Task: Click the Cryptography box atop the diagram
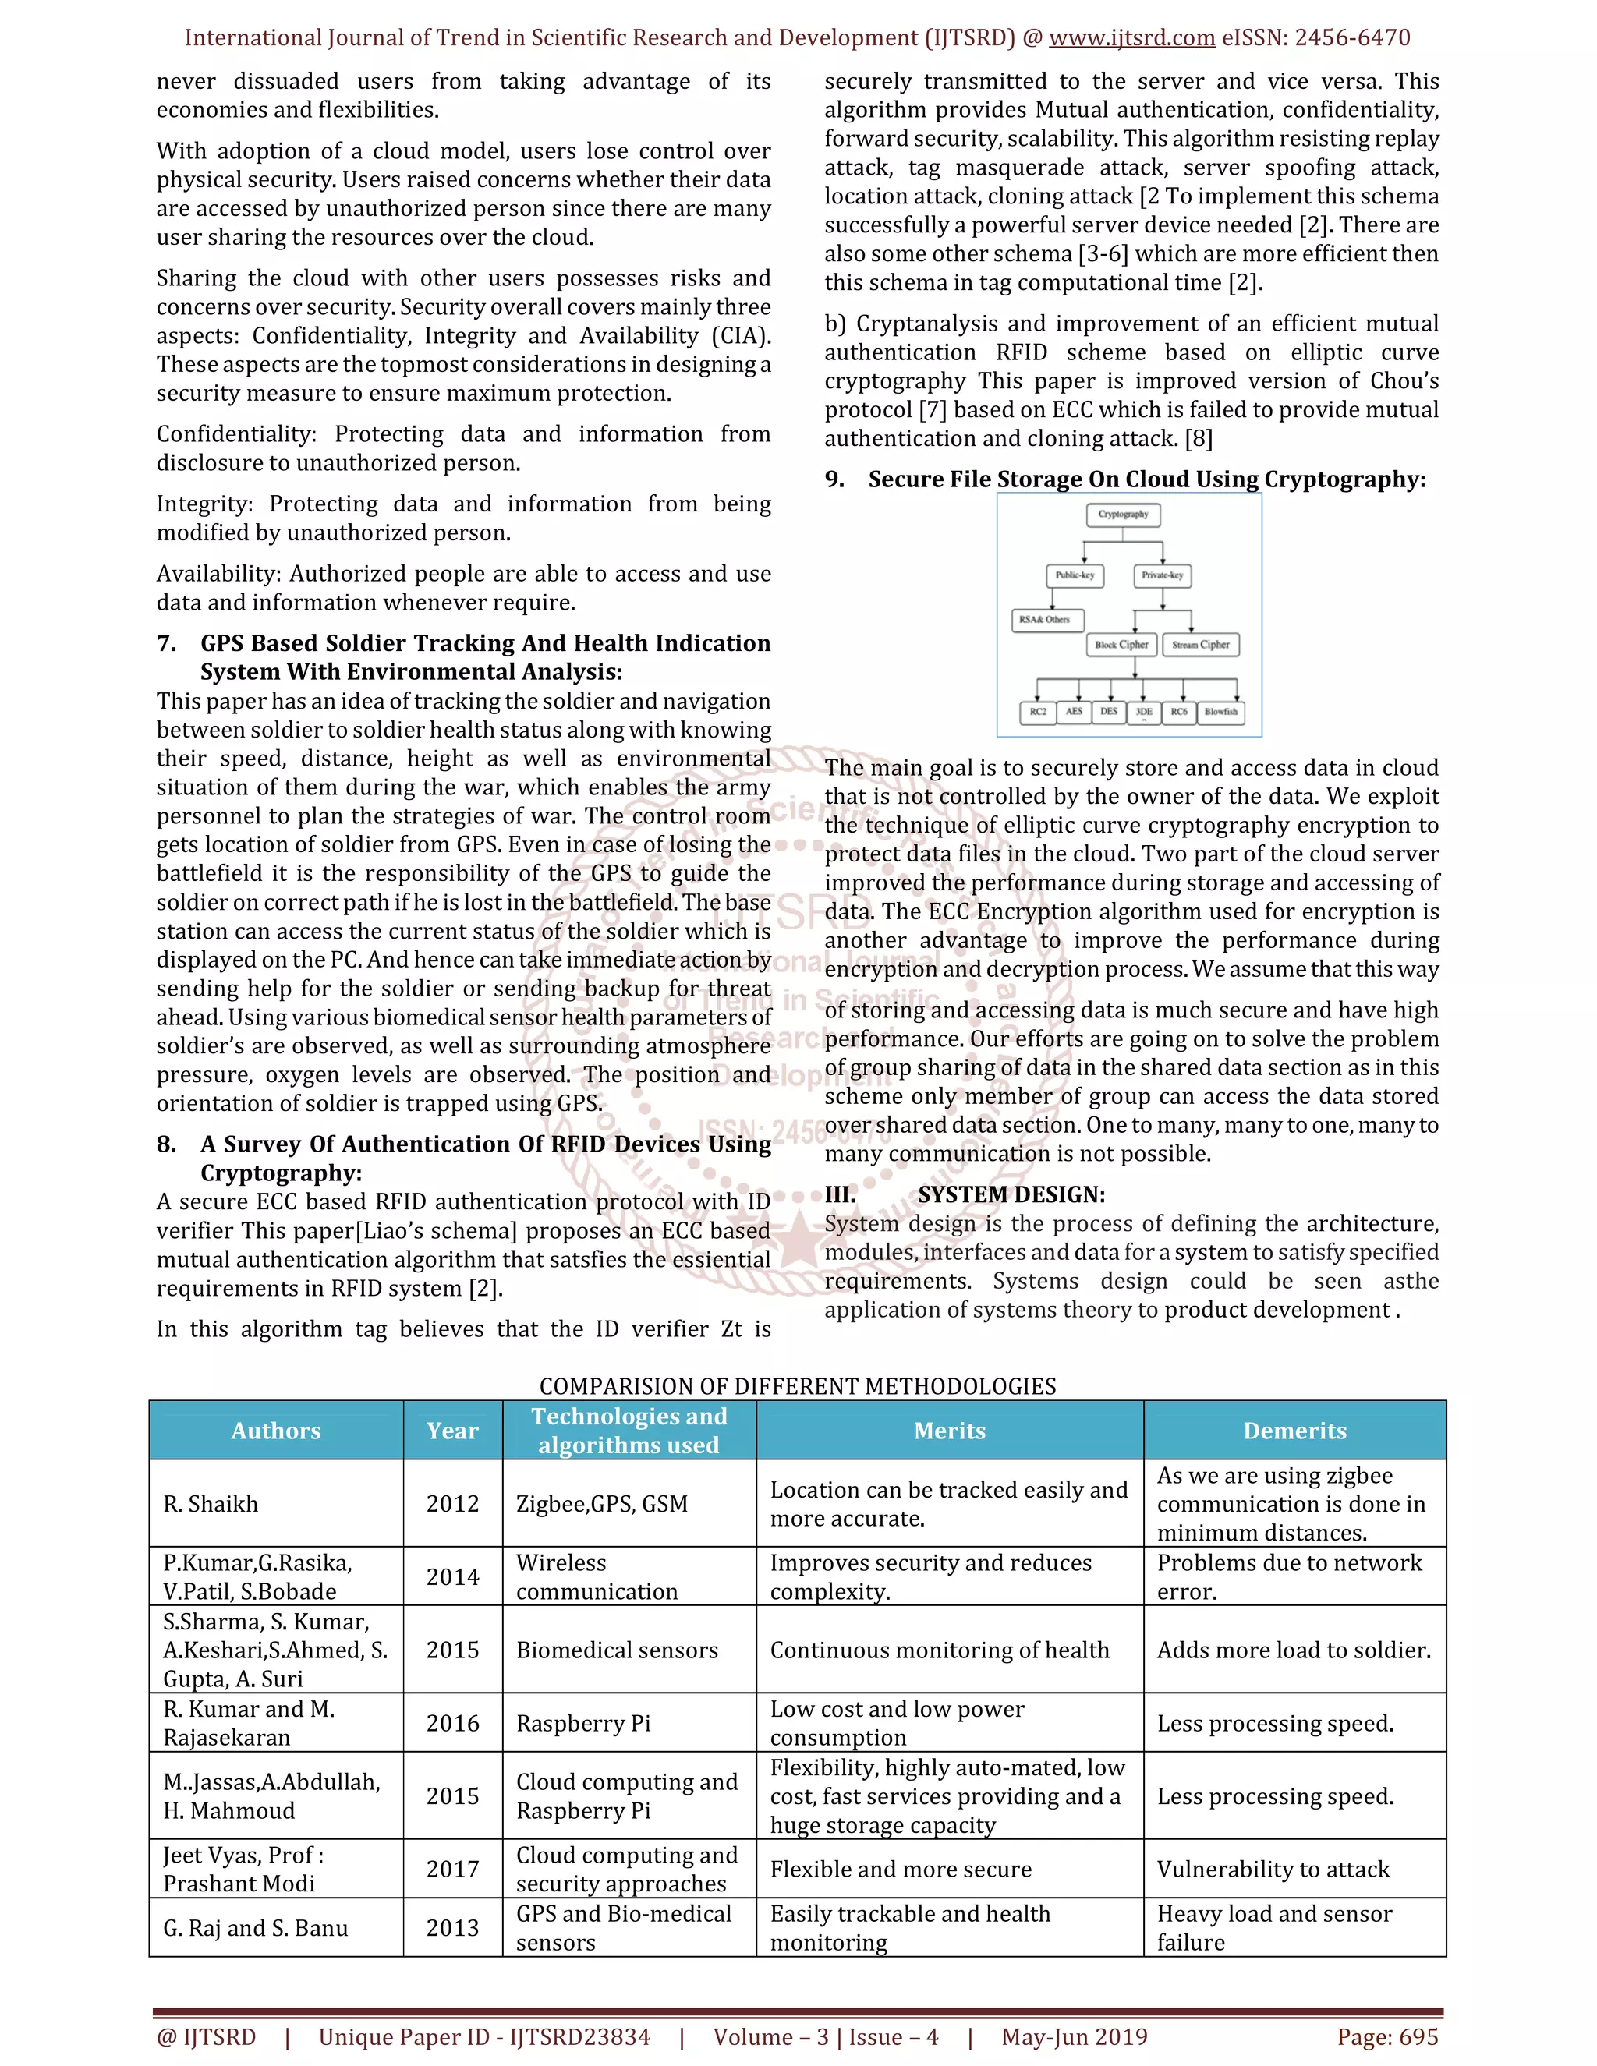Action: [1123, 515]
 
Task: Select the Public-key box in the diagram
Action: [1075, 575]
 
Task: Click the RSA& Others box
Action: [1043, 620]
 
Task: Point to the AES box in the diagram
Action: [1074, 711]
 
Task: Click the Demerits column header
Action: [1294, 1431]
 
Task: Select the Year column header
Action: [452, 1431]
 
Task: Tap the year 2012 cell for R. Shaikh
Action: [452, 1503]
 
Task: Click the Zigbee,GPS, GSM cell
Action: [602, 1503]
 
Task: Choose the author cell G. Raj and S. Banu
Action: [256, 1927]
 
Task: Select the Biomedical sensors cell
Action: [617, 1650]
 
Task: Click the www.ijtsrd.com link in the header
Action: [1131, 38]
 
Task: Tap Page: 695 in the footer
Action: [1387, 2036]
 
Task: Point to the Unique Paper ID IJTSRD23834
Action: [484, 2036]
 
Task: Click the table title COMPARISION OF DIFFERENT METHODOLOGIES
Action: [798, 1386]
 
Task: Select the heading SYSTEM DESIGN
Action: [1011, 1194]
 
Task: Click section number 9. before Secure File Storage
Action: [834, 479]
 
